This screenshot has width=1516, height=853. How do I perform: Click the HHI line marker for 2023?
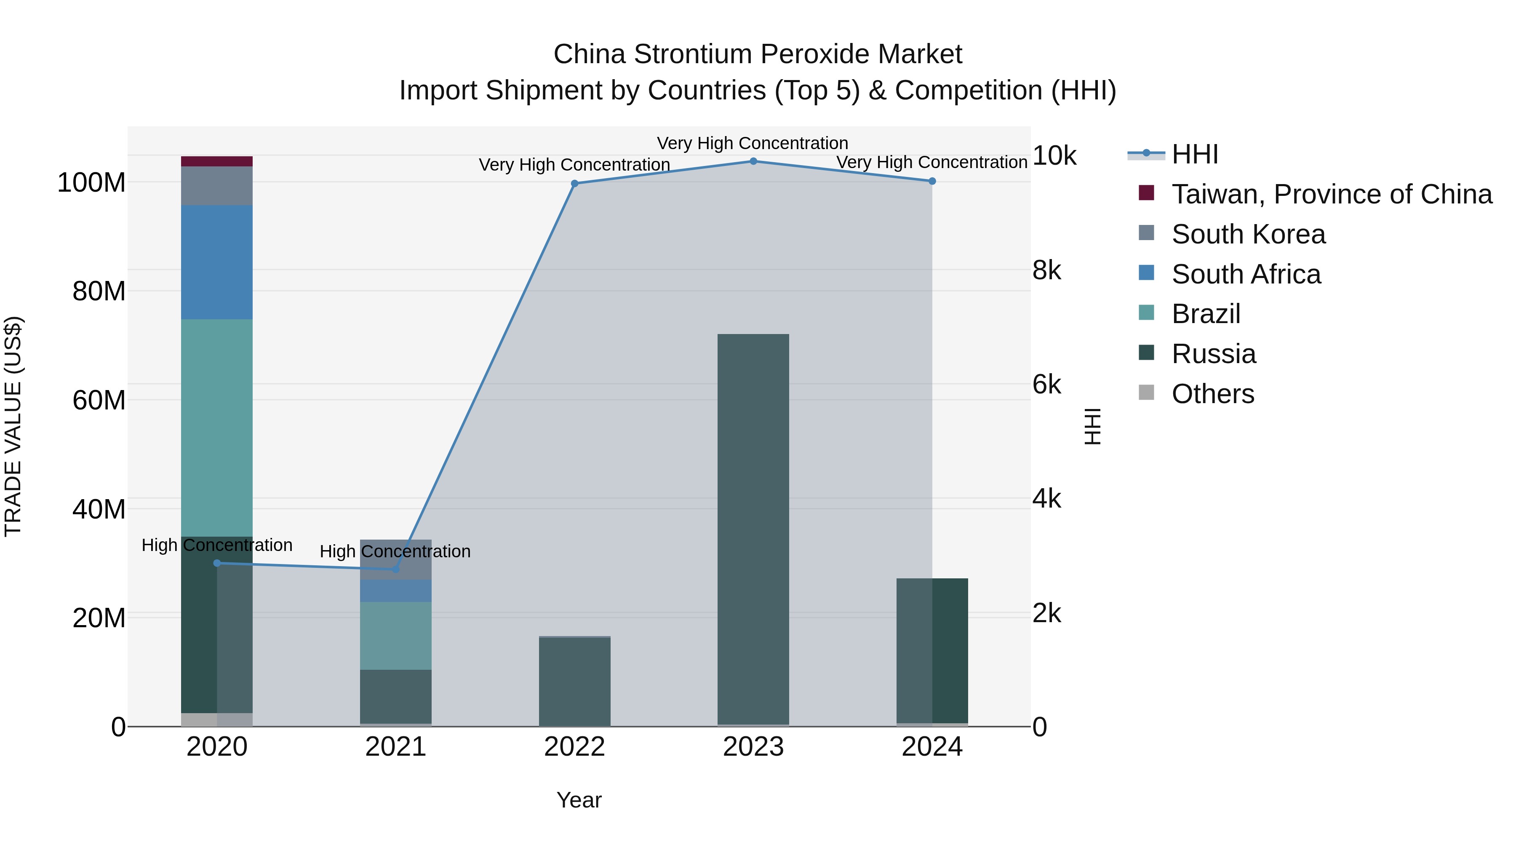[x=753, y=161]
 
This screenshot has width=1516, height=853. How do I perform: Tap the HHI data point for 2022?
[x=575, y=184]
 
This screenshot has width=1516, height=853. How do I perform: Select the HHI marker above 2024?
[x=932, y=181]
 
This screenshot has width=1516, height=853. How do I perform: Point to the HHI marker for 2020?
[x=217, y=563]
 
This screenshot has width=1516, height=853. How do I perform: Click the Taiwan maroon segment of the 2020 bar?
[x=217, y=161]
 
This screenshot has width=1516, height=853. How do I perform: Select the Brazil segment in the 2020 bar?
[x=217, y=428]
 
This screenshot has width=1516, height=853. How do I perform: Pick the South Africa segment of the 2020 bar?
[x=217, y=262]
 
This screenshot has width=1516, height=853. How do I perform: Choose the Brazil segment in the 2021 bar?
[x=395, y=636]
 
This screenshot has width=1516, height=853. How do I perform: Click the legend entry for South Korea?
[x=1248, y=234]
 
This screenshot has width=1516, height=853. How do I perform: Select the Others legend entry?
[x=1212, y=394]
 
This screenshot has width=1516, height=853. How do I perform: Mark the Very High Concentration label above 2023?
[x=752, y=143]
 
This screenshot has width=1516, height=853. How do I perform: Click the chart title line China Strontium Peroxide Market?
[x=758, y=54]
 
